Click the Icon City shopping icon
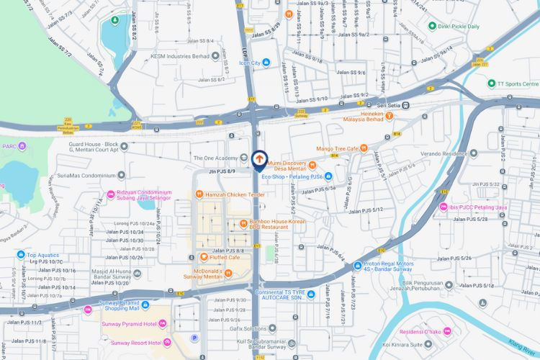tap(266, 63)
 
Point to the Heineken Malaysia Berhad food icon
tap(390, 114)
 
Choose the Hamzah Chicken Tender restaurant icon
tap(199, 194)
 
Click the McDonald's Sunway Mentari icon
tap(228, 272)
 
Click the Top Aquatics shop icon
tap(21, 254)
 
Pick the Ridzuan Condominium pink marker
tap(111, 194)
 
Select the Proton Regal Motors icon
tap(357, 266)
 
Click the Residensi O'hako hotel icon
tap(446, 331)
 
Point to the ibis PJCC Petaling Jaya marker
tap(440, 208)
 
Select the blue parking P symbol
tap(193, 337)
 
